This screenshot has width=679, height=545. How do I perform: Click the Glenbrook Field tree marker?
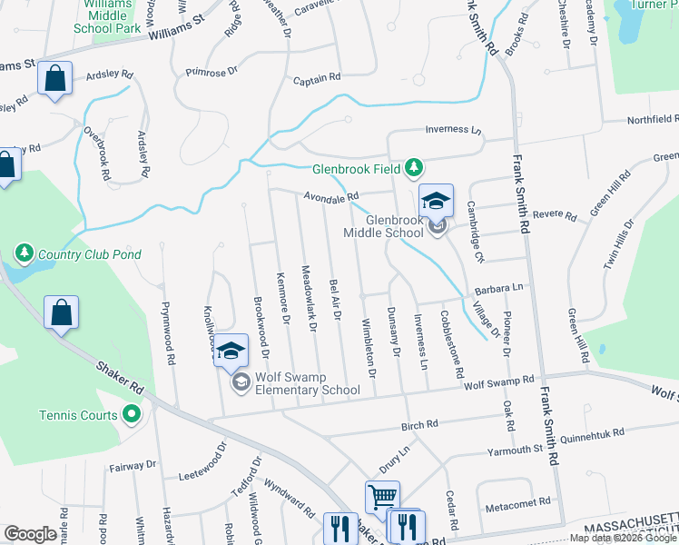(x=414, y=167)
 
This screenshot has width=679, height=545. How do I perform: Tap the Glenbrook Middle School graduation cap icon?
(x=436, y=200)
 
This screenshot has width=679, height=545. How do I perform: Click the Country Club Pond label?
(x=89, y=253)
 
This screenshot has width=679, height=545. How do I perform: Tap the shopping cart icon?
(x=382, y=497)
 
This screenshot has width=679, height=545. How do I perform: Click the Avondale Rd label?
(x=331, y=195)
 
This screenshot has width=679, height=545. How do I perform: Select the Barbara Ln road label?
(x=499, y=288)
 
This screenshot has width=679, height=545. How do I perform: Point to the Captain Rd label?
(x=316, y=79)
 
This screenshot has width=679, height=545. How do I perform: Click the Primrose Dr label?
(x=210, y=69)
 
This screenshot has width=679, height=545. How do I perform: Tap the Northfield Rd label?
(x=652, y=119)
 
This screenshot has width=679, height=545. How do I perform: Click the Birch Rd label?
(x=419, y=423)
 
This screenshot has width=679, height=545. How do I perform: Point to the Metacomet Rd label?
(x=518, y=501)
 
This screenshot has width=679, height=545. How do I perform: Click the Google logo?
(x=30, y=534)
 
